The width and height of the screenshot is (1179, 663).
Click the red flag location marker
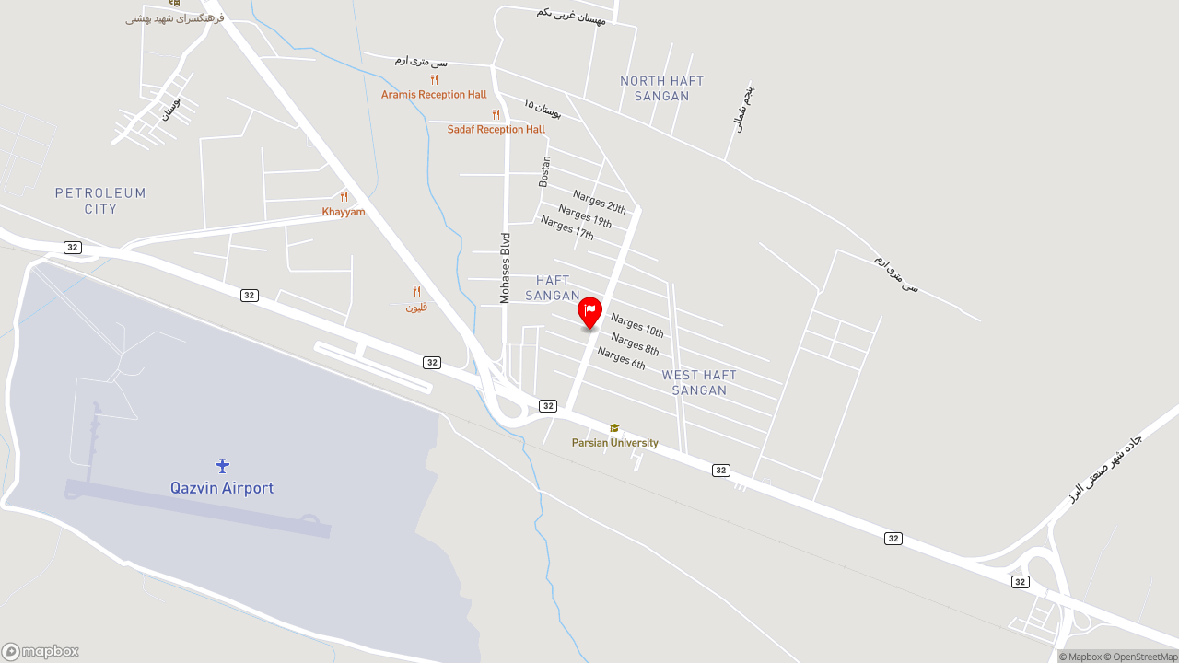tap(589, 312)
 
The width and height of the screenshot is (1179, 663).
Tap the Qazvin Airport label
tap(222, 488)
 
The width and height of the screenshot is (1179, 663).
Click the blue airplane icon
tap(222, 466)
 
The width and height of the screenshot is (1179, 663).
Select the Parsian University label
tap(614, 443)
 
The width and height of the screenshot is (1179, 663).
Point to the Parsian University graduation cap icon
tap(614, 428)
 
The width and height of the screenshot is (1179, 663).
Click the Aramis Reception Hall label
tap(434, 95)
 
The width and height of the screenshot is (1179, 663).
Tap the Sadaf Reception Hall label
tap(496, 130)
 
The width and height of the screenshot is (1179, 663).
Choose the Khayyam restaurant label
tap(344, 212)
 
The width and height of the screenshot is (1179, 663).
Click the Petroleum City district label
tap(100, 201)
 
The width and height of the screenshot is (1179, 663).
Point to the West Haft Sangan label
tap(699, 382)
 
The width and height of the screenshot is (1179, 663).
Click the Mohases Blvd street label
tap(505, 268)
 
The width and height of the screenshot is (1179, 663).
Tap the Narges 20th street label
tap(599, 201)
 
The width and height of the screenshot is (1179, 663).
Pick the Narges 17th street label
tap(567, 227)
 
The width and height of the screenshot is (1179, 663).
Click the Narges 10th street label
tap(636, 325)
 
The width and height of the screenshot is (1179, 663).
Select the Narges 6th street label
tap(621, 357)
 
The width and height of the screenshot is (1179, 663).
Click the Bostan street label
tap(544, 171)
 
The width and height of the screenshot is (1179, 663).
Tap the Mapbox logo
tap(41, 651)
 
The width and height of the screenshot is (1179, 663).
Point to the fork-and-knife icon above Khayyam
tap(344, 196)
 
